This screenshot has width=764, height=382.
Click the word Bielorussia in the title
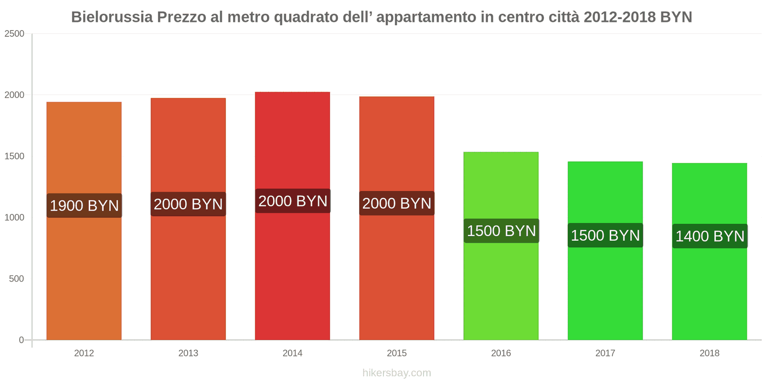(112, 17)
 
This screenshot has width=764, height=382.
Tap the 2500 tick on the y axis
(14, 34)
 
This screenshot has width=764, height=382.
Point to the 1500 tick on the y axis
(14, 156)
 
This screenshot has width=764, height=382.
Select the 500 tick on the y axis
(16, 279)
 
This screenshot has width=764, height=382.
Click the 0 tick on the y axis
(21, 340)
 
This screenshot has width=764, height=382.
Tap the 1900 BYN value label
(85, 206)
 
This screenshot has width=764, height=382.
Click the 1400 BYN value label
(710, 236)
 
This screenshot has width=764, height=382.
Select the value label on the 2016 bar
(501, 231)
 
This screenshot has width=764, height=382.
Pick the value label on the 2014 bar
(293, 202)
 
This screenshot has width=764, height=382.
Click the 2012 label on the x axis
(84, 353)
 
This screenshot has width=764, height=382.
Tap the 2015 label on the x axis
(397, 353)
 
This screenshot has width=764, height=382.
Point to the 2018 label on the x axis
(709, 353)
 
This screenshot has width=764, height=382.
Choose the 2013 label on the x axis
(188, 353)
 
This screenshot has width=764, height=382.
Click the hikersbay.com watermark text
(396, 373)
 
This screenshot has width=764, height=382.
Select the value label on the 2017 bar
(605, 235)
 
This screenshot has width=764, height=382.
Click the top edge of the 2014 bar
(292, 93)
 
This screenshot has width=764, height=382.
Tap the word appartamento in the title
(426, 17)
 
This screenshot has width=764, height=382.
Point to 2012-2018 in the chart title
(619, 17)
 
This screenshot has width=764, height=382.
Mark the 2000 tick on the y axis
(14, 95)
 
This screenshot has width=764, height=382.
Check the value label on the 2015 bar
(397, 203)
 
